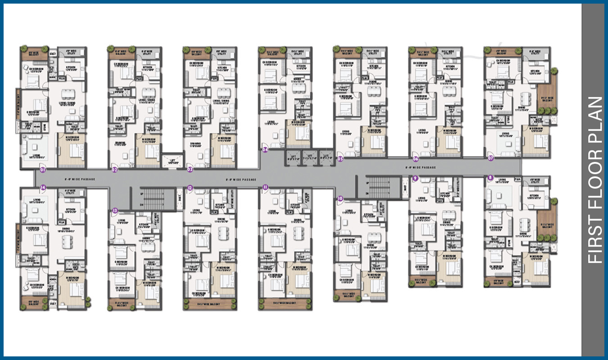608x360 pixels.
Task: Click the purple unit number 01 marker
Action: point(43,170)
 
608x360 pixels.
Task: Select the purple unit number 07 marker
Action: point(490,158)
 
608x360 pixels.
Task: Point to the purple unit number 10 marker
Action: point(340,198)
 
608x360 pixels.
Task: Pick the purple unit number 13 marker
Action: point(115,210)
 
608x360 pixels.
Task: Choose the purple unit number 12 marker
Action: point(190,187)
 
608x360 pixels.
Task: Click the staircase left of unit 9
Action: point(378,187)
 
